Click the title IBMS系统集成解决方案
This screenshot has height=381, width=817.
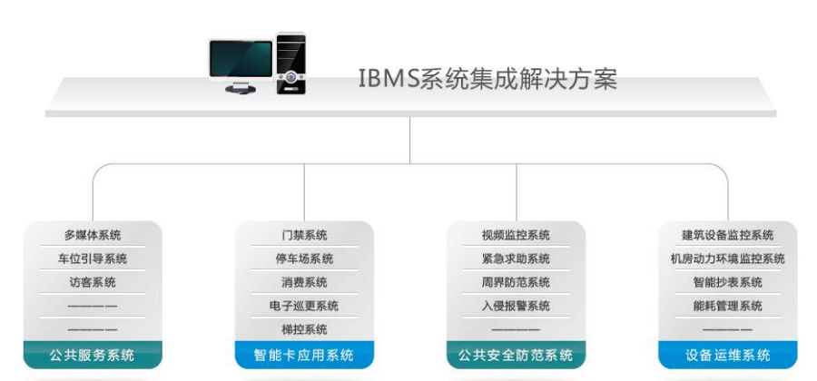[487, 79]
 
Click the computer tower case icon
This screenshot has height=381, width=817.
[290, 63]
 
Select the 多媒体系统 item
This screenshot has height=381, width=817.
[93, 236]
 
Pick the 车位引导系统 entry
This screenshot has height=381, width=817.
[93, 259]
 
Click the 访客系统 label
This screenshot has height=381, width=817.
[93, 283]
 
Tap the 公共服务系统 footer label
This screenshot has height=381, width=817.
[93, 355]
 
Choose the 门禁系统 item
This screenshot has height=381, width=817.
[304, 236]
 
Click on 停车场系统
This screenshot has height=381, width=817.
[304, 259]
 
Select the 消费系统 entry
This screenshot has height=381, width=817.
[304, 283]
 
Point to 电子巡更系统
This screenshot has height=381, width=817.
[304, 307]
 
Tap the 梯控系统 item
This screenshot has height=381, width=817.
[304, 330]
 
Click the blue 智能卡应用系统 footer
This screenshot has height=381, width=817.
[304, 355]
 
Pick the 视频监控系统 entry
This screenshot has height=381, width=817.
[516, 236]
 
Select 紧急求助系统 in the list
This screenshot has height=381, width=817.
[516, 259]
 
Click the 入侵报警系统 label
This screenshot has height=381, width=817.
[516, 307]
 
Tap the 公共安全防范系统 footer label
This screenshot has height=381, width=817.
[516, 355]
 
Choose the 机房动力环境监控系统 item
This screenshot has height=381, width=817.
[727, 259]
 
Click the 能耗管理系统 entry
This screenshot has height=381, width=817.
[727, 307]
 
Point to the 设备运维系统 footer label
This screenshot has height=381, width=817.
[727, 355]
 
